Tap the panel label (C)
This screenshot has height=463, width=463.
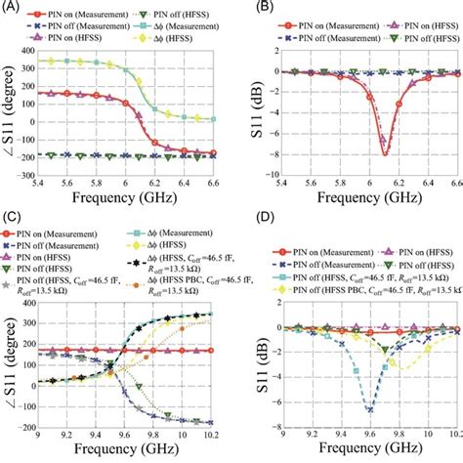tap(13, 235)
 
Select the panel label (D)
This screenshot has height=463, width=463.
tap(244, 235)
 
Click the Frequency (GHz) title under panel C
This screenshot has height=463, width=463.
tap(127, 444)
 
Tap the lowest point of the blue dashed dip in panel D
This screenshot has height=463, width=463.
tap(370, 407)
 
